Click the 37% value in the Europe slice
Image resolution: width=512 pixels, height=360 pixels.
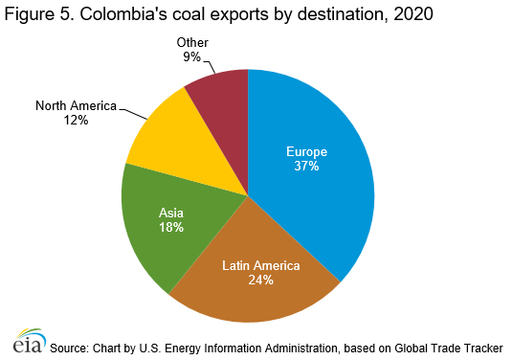(x=306, y=166)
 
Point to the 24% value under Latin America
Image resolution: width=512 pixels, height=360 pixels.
(x=261, y=281)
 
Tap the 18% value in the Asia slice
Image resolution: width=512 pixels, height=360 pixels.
(x=170, y=228)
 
